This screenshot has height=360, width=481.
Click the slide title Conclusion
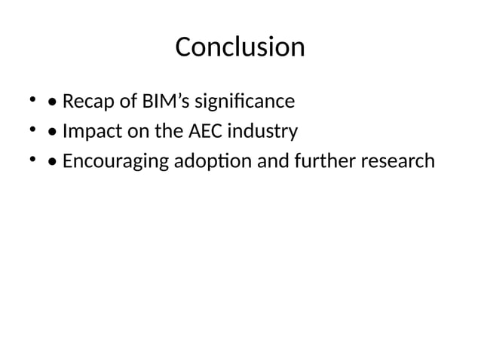(x=240, y=47)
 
